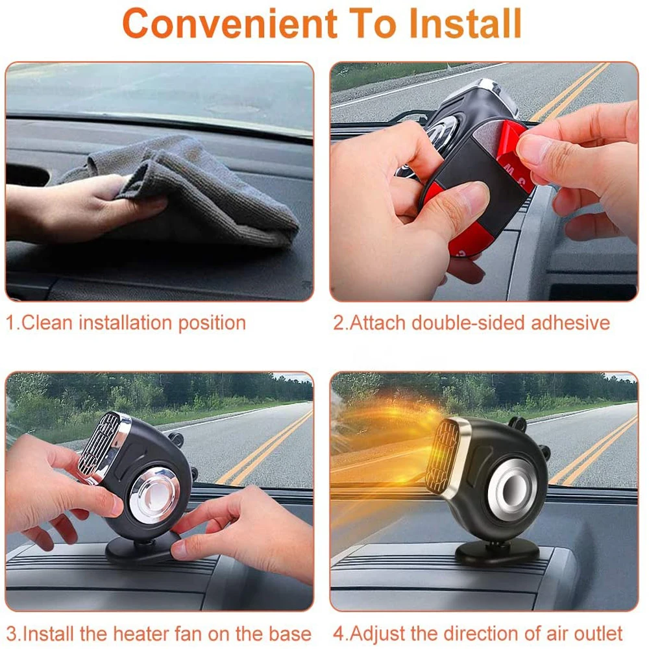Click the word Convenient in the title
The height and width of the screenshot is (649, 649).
click(x=230, y=23)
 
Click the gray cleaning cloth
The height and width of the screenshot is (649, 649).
click(x=186, y=190)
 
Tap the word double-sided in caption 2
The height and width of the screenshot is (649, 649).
click(x=469, y=323)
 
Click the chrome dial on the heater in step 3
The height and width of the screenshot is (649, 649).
click(x=154, y=495)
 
